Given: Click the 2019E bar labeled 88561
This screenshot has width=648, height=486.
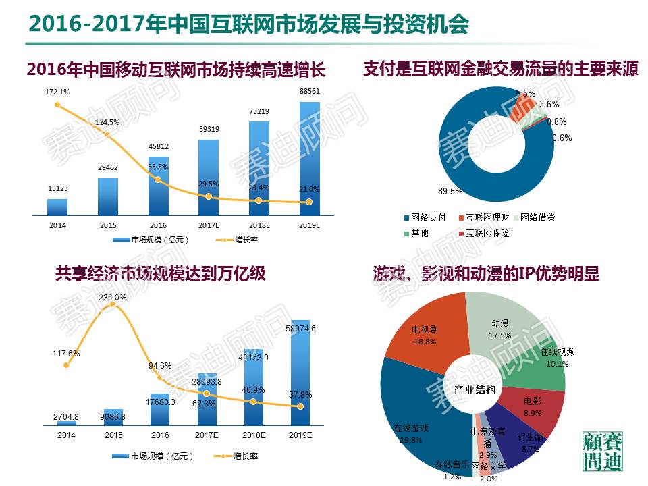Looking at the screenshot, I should (309, 159).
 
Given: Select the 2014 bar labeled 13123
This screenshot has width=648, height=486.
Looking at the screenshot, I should (57, 207).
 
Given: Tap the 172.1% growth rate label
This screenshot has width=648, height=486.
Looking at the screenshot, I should (57, 91).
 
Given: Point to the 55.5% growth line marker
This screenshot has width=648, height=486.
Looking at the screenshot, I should (158, 180).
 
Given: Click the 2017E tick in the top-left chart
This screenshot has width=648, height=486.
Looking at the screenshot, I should (208, 225).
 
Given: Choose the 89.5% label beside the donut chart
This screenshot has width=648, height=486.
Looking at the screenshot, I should (450, 191).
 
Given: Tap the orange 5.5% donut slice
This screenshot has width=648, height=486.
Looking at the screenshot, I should (522, 106).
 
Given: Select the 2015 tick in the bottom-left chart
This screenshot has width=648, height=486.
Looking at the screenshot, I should (113, 435).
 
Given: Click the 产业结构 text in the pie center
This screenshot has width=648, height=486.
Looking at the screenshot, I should (475, 390).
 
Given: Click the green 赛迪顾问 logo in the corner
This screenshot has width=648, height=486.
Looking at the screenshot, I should (603, 453).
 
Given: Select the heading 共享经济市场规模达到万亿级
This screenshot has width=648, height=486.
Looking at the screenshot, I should (160, 273).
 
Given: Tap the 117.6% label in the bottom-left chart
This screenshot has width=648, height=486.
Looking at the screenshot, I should (65, 353).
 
